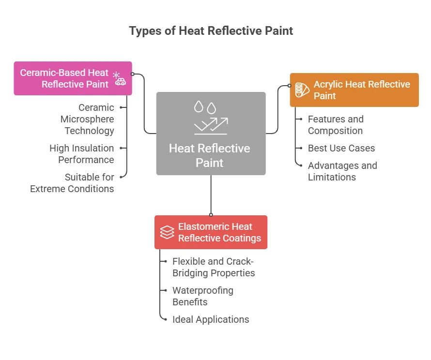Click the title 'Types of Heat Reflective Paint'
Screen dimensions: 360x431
click(x=211, y=31)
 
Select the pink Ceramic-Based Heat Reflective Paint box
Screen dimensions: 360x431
click(x=73, y=78)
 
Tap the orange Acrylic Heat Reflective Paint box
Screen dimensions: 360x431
click(x=354, y=90)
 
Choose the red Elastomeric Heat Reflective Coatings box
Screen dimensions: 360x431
click(x=211, y=232)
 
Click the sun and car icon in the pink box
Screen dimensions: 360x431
click(x=119, y=78)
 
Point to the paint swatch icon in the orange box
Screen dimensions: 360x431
click(x=302, y=90)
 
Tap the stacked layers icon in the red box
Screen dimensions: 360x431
click(x=167, y=232)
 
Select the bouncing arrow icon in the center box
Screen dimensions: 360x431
click(x=211, y=126)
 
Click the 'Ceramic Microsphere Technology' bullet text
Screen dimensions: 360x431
click(x=87, y=119)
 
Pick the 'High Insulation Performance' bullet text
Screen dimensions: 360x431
click(x=82, y=154)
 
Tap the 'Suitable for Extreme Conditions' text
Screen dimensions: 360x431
click(x=72, y=183)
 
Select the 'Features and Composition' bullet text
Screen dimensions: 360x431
click(x=336, y=125)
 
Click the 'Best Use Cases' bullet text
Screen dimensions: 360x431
click(x=341, y=148)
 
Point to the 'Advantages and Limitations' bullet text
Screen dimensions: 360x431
click(x=342, y=171)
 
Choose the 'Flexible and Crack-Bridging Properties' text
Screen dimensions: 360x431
click(x=214, y=267)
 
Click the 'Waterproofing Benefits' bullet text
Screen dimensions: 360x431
click(x=202, y=296)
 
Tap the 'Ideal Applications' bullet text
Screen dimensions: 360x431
click(x=211, y=319)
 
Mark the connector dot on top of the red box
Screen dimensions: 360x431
click(x=211, y=215)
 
